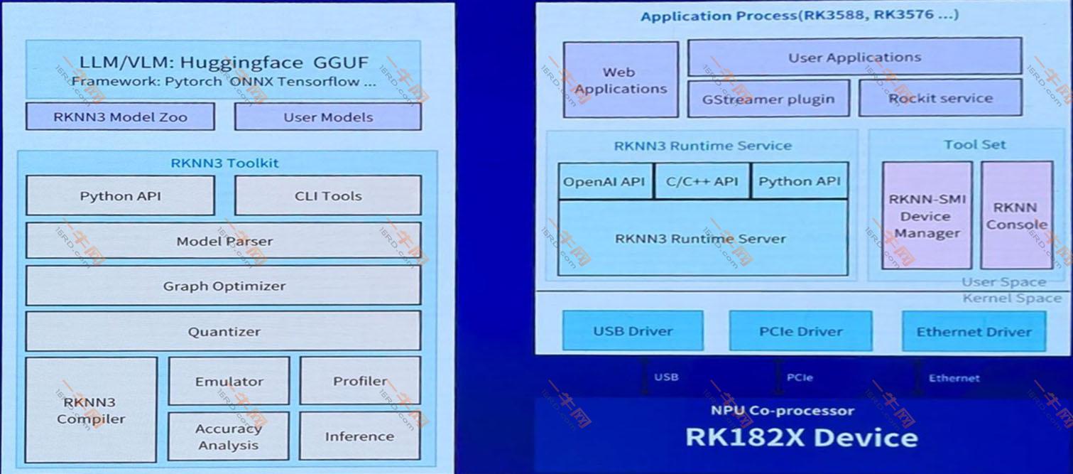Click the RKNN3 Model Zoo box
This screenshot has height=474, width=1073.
[120, 117]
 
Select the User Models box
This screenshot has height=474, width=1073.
[327, 117]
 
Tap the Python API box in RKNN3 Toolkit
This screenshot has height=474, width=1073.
[120, 196]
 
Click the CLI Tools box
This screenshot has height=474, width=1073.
[327, 196]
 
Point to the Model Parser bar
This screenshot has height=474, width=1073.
[224, 242]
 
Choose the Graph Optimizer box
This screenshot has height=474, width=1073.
[224, 286]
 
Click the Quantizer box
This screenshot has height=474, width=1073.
[224, 332]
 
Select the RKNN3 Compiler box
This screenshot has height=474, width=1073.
[91, 411]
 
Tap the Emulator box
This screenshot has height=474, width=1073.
[229, 382]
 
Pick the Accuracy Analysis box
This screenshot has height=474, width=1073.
[229, 436]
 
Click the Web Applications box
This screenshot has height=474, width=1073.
[621, 80]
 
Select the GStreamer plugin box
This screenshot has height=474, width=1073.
[768, 99]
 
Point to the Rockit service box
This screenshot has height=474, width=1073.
[940, 99]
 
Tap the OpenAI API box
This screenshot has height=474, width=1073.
[604, 181]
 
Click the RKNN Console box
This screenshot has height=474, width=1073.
[1016, 216]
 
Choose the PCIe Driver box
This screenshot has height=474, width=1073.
[800, 331]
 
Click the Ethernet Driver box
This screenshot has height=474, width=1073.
[974, 332]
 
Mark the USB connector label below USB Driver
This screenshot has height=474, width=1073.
[665, 377]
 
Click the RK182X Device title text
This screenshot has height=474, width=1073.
[801, 436]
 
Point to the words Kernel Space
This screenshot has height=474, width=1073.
[1012, 298]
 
